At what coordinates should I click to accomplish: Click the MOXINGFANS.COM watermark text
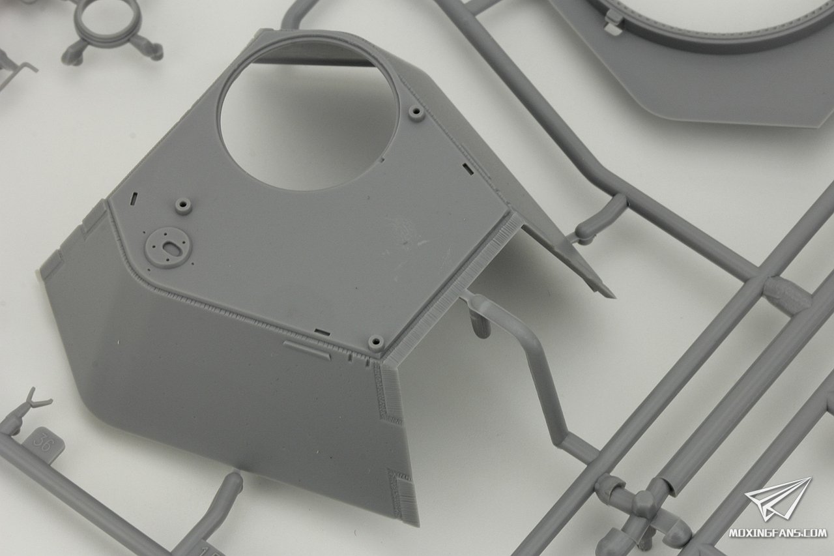click(x=777, y=533)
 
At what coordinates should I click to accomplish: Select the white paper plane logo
click(x=778, y=499)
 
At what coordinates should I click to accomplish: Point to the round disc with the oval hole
click(x=167, y=247)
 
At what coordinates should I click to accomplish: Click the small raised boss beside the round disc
click(x=183, y=206)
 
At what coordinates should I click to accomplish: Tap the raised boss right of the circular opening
click(x=416, y=112)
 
